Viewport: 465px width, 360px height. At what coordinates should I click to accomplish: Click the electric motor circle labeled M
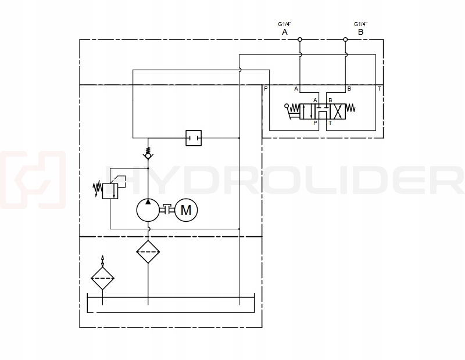[186, 210]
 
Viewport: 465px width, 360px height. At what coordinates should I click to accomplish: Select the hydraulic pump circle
[148, 210]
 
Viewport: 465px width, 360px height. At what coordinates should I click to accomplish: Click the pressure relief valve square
[110, 190]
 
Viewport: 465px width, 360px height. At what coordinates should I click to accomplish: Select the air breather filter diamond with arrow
[103, 279]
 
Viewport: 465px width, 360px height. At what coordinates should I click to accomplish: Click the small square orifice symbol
[192, 138]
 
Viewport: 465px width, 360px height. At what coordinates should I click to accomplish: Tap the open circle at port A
[299, 40]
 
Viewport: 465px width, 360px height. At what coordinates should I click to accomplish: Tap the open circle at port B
[345, 40]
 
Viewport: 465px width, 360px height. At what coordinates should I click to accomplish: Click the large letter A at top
[285, 33]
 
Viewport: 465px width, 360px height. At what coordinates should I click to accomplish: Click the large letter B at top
[360, 33]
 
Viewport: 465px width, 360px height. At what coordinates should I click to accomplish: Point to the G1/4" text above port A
[285, 24]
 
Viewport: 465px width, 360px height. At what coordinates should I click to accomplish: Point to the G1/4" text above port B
[360, 24]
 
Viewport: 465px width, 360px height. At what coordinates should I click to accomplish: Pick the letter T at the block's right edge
[379, 89]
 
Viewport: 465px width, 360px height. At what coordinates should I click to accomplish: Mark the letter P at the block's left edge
[266, 89]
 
